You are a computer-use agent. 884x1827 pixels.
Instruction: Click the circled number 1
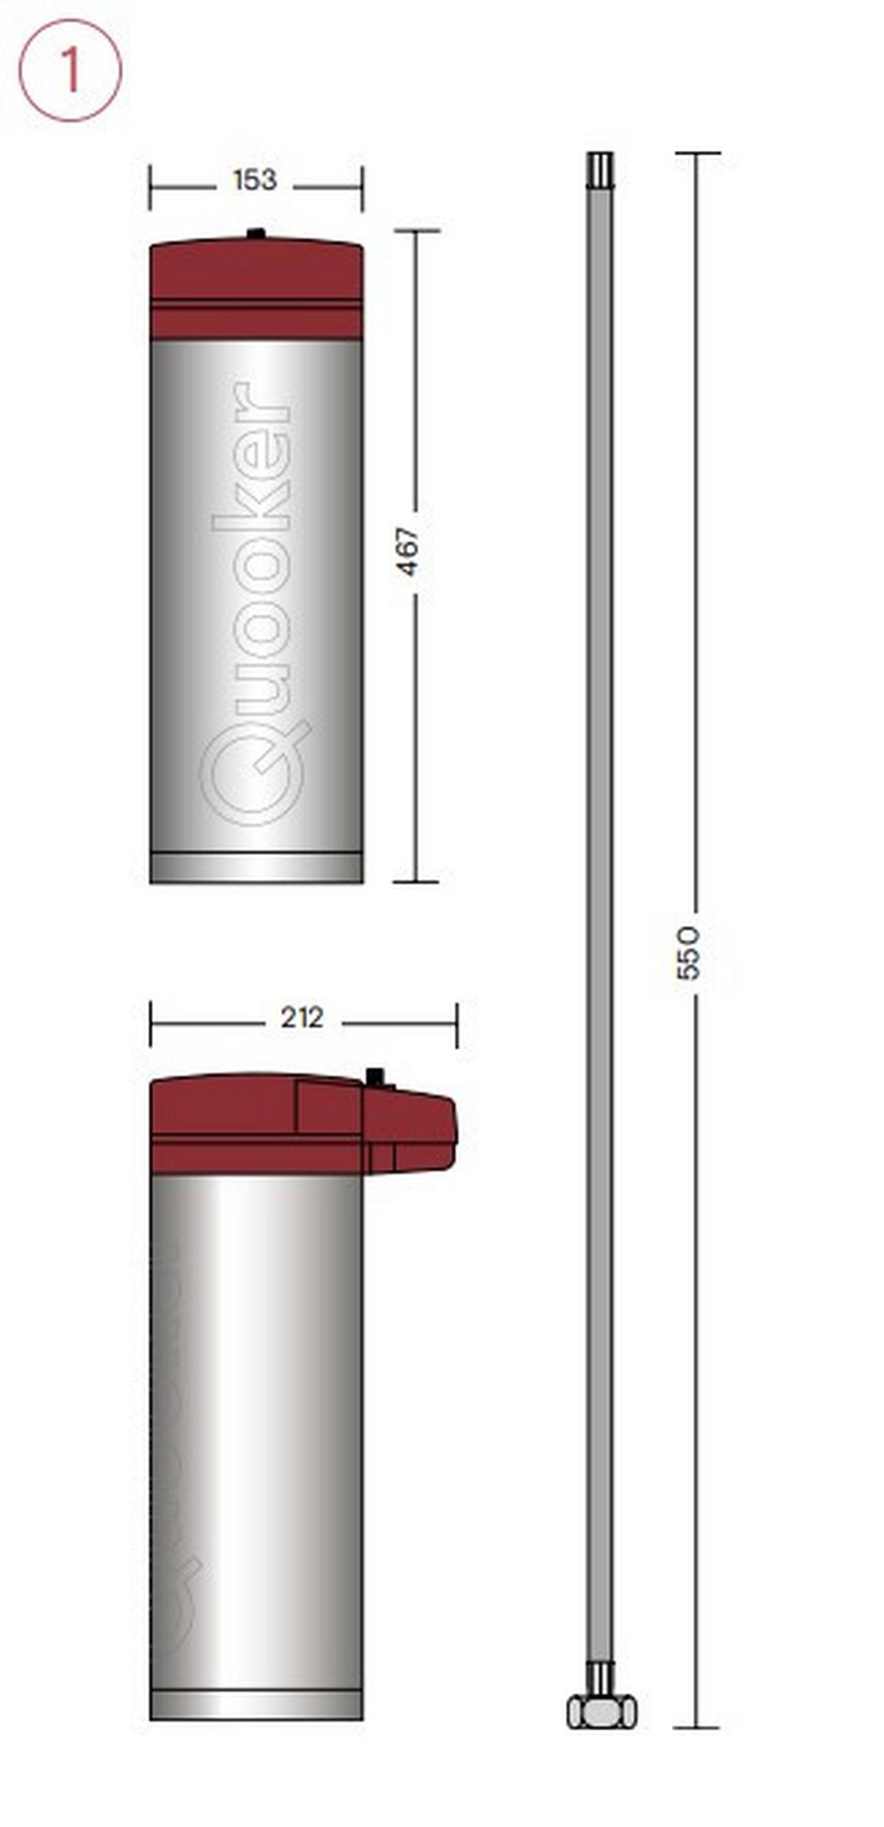click(70, 71)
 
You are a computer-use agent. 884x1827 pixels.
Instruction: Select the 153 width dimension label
click(254, 180)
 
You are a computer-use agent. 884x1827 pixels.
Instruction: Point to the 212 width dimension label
click(302, 1018)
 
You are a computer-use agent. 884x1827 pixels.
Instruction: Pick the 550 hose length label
click(688, 953)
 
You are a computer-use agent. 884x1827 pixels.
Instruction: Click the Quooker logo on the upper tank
click(254, 604)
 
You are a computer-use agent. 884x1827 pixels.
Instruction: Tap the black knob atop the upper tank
click(256, 234)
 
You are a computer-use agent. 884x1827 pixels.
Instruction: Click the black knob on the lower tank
click(376, 1077)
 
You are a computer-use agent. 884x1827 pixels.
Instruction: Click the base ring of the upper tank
click(256, 867)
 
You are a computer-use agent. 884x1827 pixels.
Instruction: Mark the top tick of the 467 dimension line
click(416, 231)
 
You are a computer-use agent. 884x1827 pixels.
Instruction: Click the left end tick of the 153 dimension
click(150, 188)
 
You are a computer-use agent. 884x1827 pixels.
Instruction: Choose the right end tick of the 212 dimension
click(457, 1024)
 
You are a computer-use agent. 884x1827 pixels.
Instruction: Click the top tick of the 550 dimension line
click(697, 153)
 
